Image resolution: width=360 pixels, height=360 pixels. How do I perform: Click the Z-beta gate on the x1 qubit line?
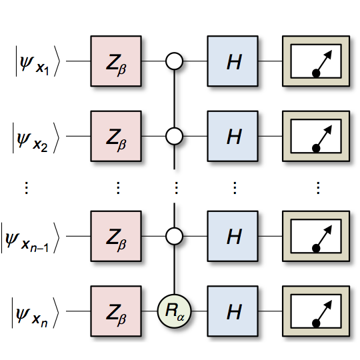pyautogui.click(x=116, y=61)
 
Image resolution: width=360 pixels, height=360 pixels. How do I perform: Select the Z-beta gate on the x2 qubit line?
pyautogui.click(x=116, y=136)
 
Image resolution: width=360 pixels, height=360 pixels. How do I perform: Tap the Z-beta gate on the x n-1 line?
pyautogui.click(x=116, y=236)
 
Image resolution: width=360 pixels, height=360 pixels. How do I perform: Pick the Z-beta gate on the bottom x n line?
pyautogui.click(x=116, y=311)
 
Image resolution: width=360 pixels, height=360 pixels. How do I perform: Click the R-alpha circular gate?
pyautogui.click(x=174, y=311)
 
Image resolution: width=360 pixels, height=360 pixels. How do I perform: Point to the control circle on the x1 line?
pyautogui.click(x=174, y=61)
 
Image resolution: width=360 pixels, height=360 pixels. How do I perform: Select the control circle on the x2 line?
pyautogui.click(x=174, y=136)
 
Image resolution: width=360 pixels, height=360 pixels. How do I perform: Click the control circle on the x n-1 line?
pyautogui.click(x=174, y=236)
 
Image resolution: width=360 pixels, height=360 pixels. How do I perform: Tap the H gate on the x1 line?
pyautogui.click(x=233, y=61)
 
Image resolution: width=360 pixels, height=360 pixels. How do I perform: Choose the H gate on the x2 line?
pyautogui.click(x=233, y=136)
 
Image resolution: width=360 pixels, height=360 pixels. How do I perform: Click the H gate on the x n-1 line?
pyautogui.click(x=233, y=236)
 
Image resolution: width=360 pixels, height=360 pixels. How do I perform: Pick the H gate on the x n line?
pyautogui.click(x=233, y=311)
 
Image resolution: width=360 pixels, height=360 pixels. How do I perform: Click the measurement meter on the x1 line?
pyautogui.click(x=316, y=61)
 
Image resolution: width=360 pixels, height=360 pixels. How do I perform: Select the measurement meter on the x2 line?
pyautogui.click(x=316, y=136)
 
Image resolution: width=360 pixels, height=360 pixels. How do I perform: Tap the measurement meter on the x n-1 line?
pyautogui.click(x=316, y=236)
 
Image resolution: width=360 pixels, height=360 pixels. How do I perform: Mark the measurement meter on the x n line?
pyautogui.click(x=316, y=311)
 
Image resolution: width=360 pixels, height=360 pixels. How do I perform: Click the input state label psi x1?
pyautogui.click(x=37, y=61)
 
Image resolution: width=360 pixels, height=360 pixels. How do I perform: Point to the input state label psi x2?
pyautogui.click(x=36, y=138)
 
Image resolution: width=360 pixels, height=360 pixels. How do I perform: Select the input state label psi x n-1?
pyautogui.click(x=30, y=237)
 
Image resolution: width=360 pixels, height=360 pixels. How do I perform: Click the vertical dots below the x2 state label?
pyautogui.click(x=27, y=188)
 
